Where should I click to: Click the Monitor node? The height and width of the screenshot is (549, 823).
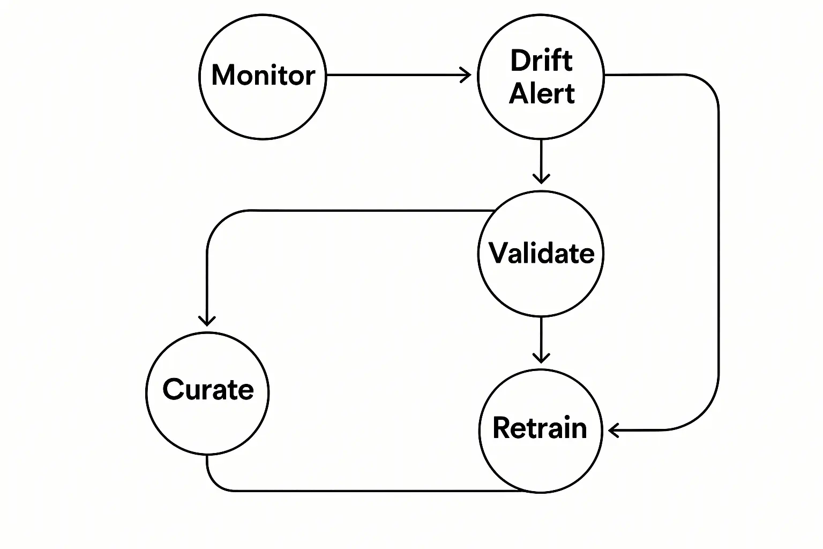[263, 76]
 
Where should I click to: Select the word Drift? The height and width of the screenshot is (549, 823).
[541, 60]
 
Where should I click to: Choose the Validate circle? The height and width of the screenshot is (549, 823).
[541, 253]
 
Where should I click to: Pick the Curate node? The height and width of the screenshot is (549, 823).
[207, 393]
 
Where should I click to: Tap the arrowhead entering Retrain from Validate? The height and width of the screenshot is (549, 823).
[541, 357]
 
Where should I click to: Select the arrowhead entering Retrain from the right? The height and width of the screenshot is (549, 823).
[614, 430]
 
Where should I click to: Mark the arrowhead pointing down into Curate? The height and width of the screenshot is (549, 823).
[207, 321]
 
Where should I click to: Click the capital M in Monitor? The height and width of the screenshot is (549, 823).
[225, 75]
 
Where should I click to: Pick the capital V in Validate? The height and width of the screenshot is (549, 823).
[499, 253]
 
